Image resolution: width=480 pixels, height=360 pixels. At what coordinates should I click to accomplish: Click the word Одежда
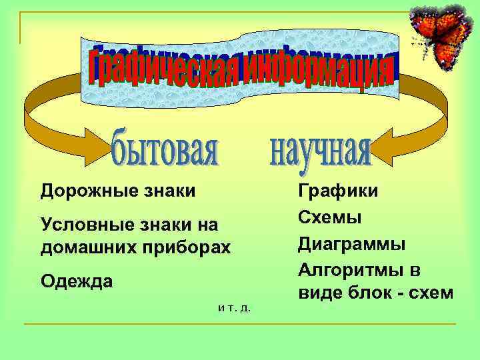tap(77, 282)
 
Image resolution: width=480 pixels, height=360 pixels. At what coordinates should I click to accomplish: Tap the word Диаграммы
tap(351, 243)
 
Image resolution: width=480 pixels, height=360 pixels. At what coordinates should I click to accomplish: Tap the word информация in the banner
tap(317, 73)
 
